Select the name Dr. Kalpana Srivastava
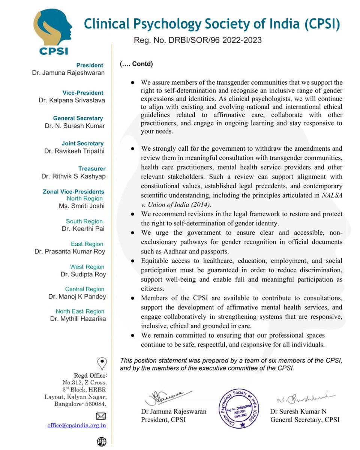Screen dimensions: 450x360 click(72, 100)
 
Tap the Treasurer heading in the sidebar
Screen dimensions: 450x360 click(92, 169)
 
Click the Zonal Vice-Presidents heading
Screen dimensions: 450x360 click(73, 192)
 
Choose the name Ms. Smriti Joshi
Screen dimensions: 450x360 click(82, 206)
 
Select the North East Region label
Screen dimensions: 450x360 click(80, 311)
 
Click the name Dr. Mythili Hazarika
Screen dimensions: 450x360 click(78, 319)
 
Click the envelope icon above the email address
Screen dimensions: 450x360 click(101, 416)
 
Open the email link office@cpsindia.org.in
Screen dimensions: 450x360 click(76, 425)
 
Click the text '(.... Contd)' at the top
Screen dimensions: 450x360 click(136, 64)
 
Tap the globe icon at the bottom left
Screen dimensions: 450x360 click(101, 442)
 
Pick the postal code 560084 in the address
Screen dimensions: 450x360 click(96, 404)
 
